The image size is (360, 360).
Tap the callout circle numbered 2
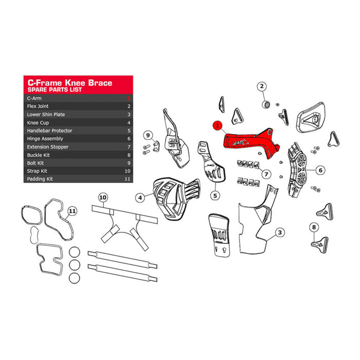pos(261,86)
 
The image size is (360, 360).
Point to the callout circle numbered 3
pos(279,233)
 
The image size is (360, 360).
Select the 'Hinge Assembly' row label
pos(45,139)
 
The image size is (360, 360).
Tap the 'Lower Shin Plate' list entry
pos(46,114)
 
